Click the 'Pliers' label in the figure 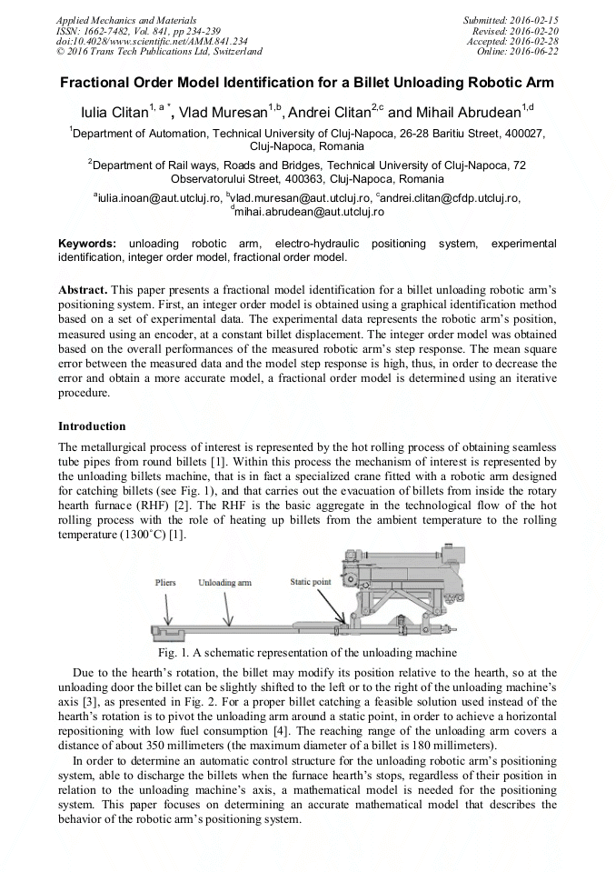click(164, 583)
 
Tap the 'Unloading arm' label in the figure click(224, 583)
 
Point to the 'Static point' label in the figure click(310, 581)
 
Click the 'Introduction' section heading click(92, 426)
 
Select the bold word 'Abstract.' click(83, 288)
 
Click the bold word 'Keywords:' click(87, 245)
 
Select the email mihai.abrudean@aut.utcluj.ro click(310, 211)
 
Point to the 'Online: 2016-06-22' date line click(517, 51)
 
